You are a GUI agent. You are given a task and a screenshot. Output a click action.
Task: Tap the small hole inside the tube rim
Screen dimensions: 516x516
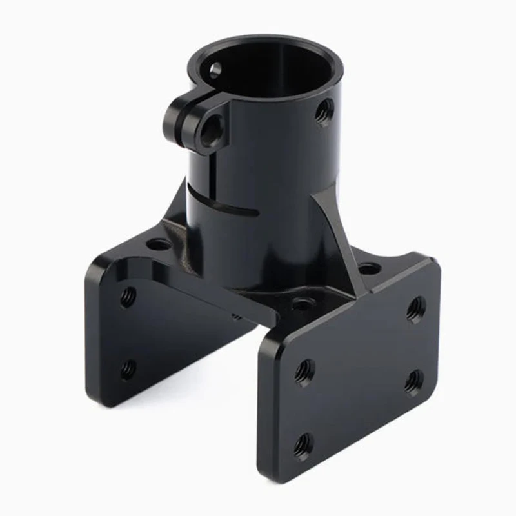click(214, 67)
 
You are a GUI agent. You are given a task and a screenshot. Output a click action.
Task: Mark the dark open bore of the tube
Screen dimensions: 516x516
click(271, 71)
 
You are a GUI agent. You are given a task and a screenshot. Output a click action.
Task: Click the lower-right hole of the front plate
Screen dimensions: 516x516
click(415, 381)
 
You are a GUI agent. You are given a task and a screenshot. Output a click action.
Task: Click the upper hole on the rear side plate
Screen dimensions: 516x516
click(128, 296)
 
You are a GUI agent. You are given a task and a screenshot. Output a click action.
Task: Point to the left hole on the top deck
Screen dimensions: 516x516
click(158, 245)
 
